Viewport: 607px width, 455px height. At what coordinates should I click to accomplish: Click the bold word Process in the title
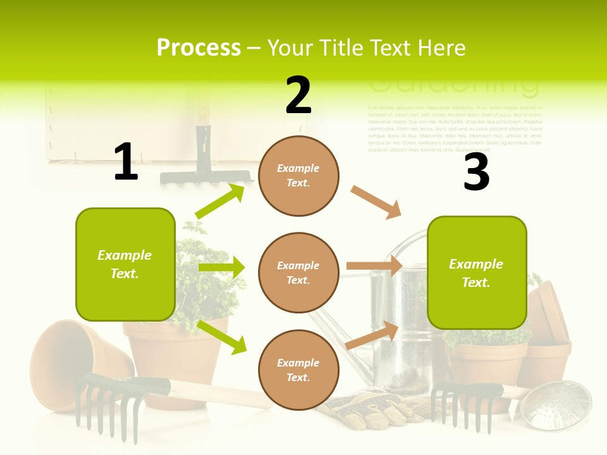point(199,47)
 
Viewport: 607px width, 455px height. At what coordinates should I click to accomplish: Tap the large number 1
point(126,162)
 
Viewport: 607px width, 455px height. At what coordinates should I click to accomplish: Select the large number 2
point(298,95)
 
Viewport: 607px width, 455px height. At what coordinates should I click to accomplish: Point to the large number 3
point(476,172)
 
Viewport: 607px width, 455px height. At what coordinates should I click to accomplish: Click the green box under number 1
point(125,264)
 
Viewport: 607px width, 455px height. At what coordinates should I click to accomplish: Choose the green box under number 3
point(477,272)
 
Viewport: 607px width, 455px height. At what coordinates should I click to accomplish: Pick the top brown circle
point(298,175)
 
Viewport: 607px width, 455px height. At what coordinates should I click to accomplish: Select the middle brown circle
point(298,272)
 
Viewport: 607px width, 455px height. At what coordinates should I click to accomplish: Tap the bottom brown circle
point(298,370)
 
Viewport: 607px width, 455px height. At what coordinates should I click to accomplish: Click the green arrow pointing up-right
point(220,202)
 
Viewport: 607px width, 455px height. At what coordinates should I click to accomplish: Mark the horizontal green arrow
point(221,267)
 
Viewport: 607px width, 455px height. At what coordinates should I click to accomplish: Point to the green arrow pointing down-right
point(221,337)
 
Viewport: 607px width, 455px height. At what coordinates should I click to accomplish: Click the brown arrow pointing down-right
point(376,202)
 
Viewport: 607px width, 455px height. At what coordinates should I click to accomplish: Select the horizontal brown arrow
point(374,266)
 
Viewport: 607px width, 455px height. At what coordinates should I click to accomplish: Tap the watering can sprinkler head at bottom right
point(563,404)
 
